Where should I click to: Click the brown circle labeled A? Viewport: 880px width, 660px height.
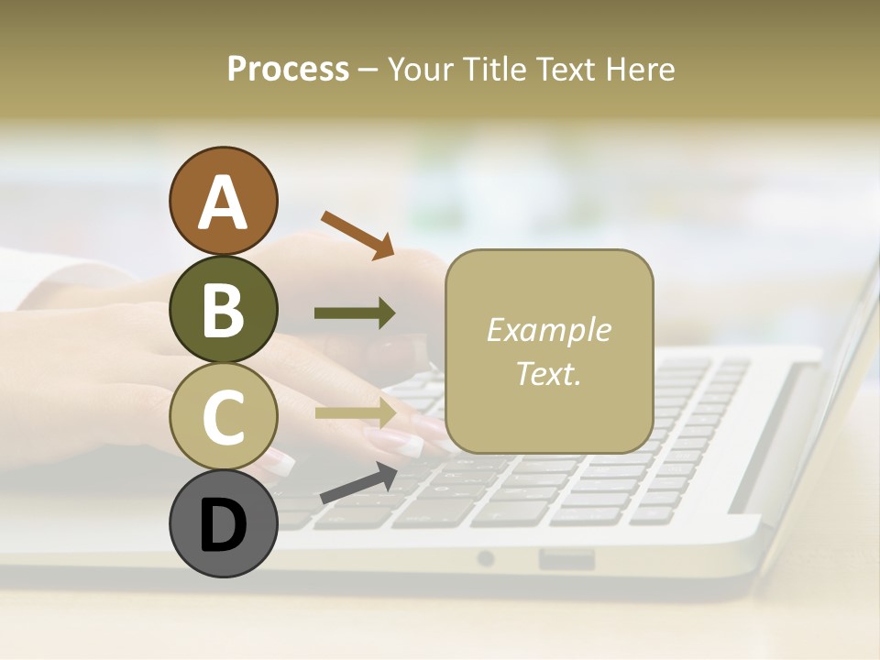coord(223,201)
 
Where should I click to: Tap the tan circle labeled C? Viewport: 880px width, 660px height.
coord(223,416)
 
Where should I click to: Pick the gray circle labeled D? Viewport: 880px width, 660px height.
coord(223,523)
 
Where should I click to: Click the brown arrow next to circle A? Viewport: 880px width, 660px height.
coord(357,234)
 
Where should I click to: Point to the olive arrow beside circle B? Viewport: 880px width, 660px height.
coord(355,313)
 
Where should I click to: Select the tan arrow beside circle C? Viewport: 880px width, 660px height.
coord(356,412)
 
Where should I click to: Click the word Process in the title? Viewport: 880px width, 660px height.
coord(288,70)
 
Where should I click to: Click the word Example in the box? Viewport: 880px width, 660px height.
coord(548,330)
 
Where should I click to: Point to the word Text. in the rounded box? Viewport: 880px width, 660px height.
coord(548,373)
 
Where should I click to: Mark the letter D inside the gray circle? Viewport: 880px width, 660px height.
coord(223,526)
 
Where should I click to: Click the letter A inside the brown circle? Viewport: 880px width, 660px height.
coord(223,203)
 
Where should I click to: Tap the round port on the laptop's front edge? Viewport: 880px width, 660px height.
coord(486,557)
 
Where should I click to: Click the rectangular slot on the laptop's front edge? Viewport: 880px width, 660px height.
coord(566,558)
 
